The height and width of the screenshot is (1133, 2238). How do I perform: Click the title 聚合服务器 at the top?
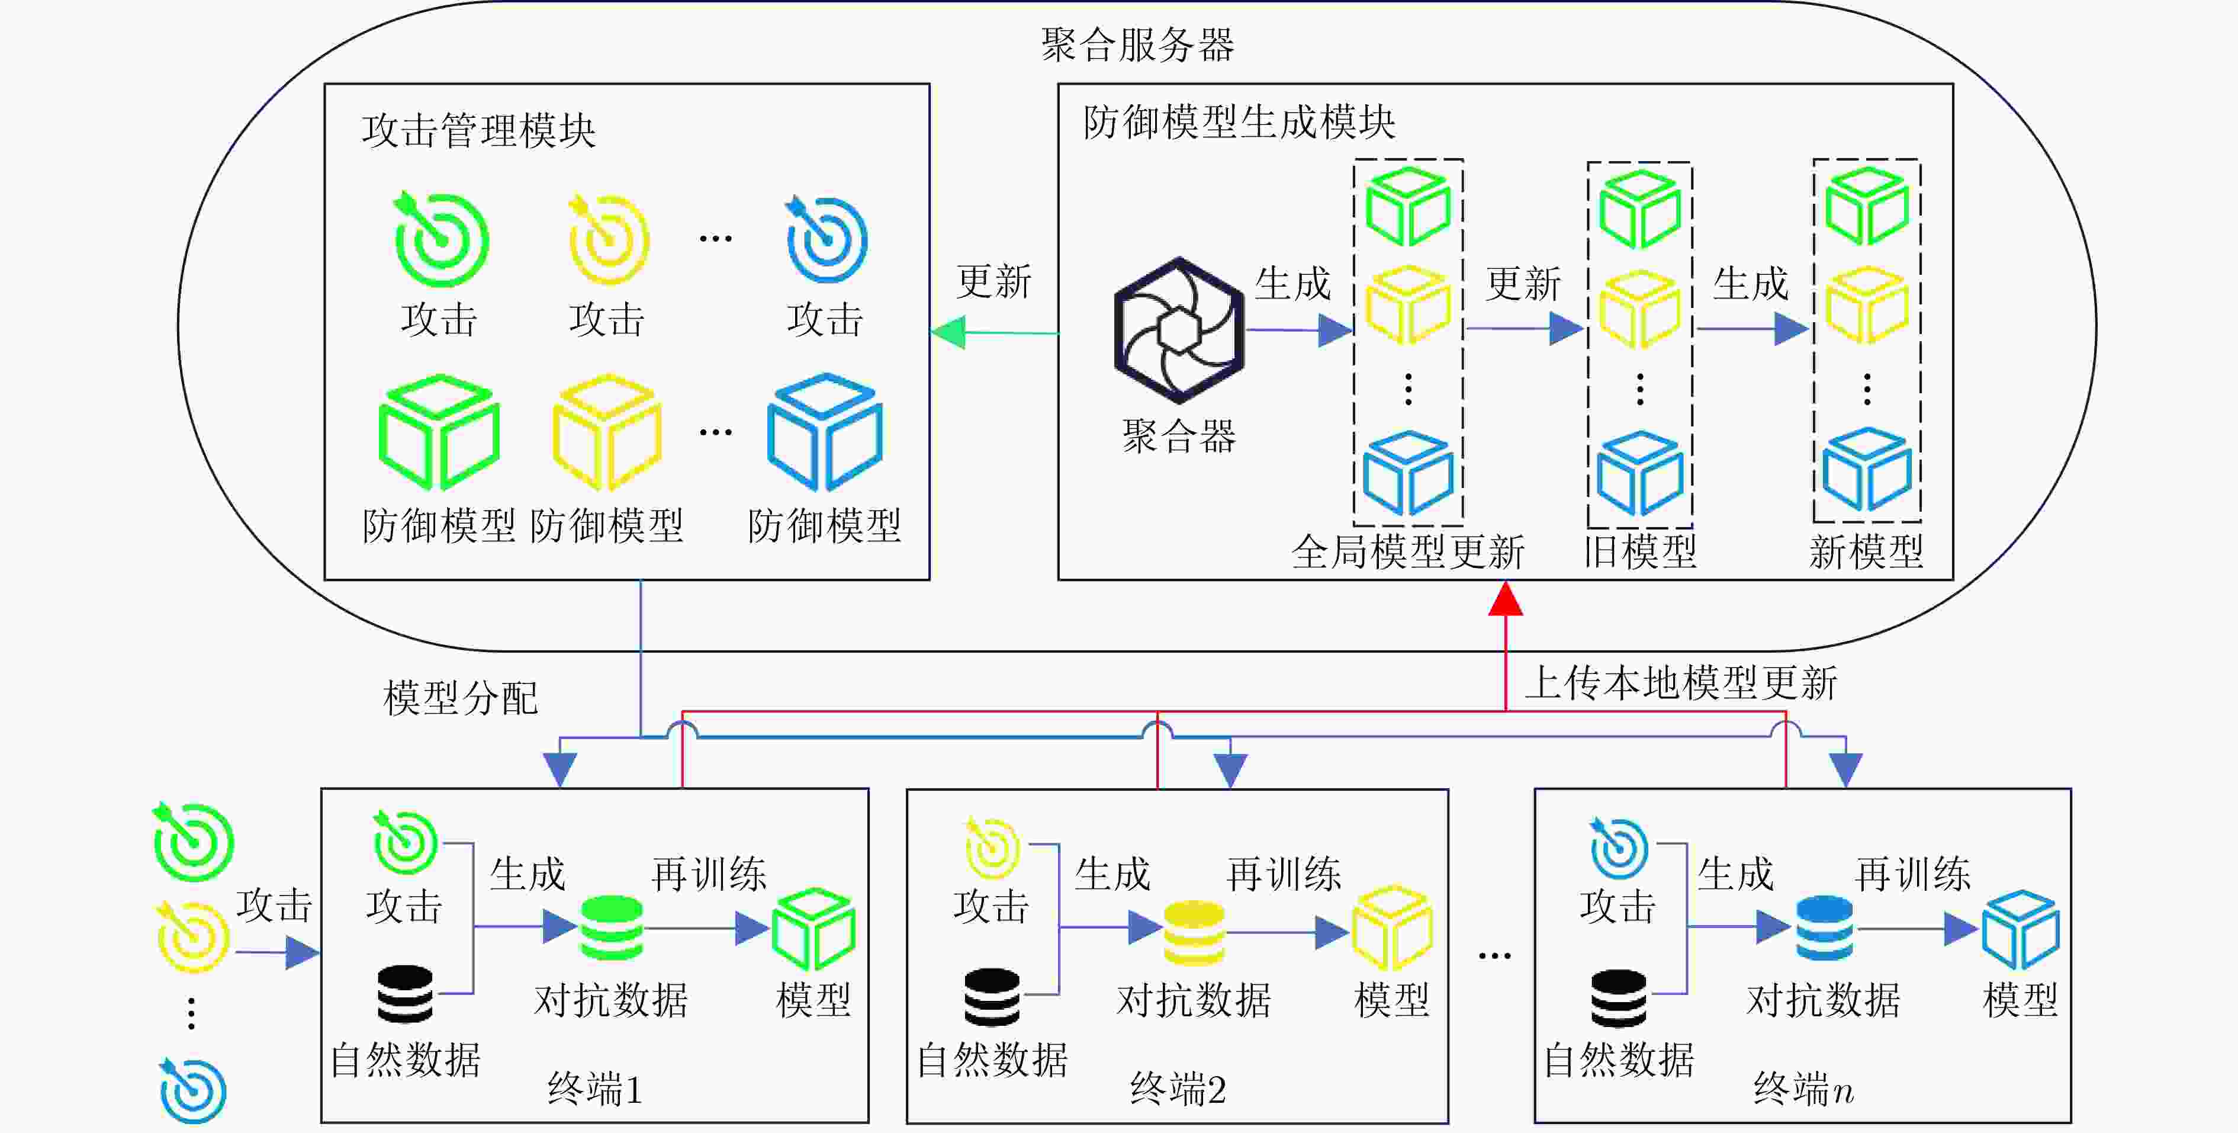click(x=1137, y=44)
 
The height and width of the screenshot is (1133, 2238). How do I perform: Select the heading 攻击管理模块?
click(x=479, y=131)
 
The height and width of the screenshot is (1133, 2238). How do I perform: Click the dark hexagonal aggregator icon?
click(x=1179, y=330)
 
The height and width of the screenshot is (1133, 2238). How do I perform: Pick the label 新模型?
click(x=1866, y=552)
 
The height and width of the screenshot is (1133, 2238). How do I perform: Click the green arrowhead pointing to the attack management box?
click(x=948, y=332)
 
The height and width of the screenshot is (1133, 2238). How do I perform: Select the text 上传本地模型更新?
click(x=1681, y=683)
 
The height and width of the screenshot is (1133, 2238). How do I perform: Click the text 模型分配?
click(x=461, y=698)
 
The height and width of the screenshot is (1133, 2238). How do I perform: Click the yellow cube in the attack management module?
click(x=608, y=431)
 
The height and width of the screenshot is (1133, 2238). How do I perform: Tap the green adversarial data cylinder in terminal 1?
click(x=612, y=928)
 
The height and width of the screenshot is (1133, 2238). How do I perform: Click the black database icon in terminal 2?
click(x=992, y=997)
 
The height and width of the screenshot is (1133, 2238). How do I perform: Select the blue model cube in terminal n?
click(x=2021, y=930)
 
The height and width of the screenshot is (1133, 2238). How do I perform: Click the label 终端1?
click(x=595, y=1089)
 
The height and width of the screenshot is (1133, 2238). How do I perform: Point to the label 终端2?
click(x=1178, y=1089)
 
